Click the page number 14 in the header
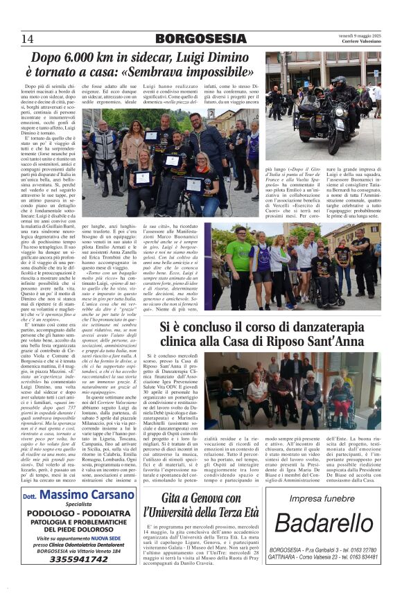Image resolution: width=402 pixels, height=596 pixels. point(28,38)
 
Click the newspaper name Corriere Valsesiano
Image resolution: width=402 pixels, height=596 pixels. point(356,42)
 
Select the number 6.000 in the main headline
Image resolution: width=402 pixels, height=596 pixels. point(76,58)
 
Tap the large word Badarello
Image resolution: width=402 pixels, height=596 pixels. point(324,523)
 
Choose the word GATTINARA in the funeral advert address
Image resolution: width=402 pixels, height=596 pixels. point(286,557)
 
